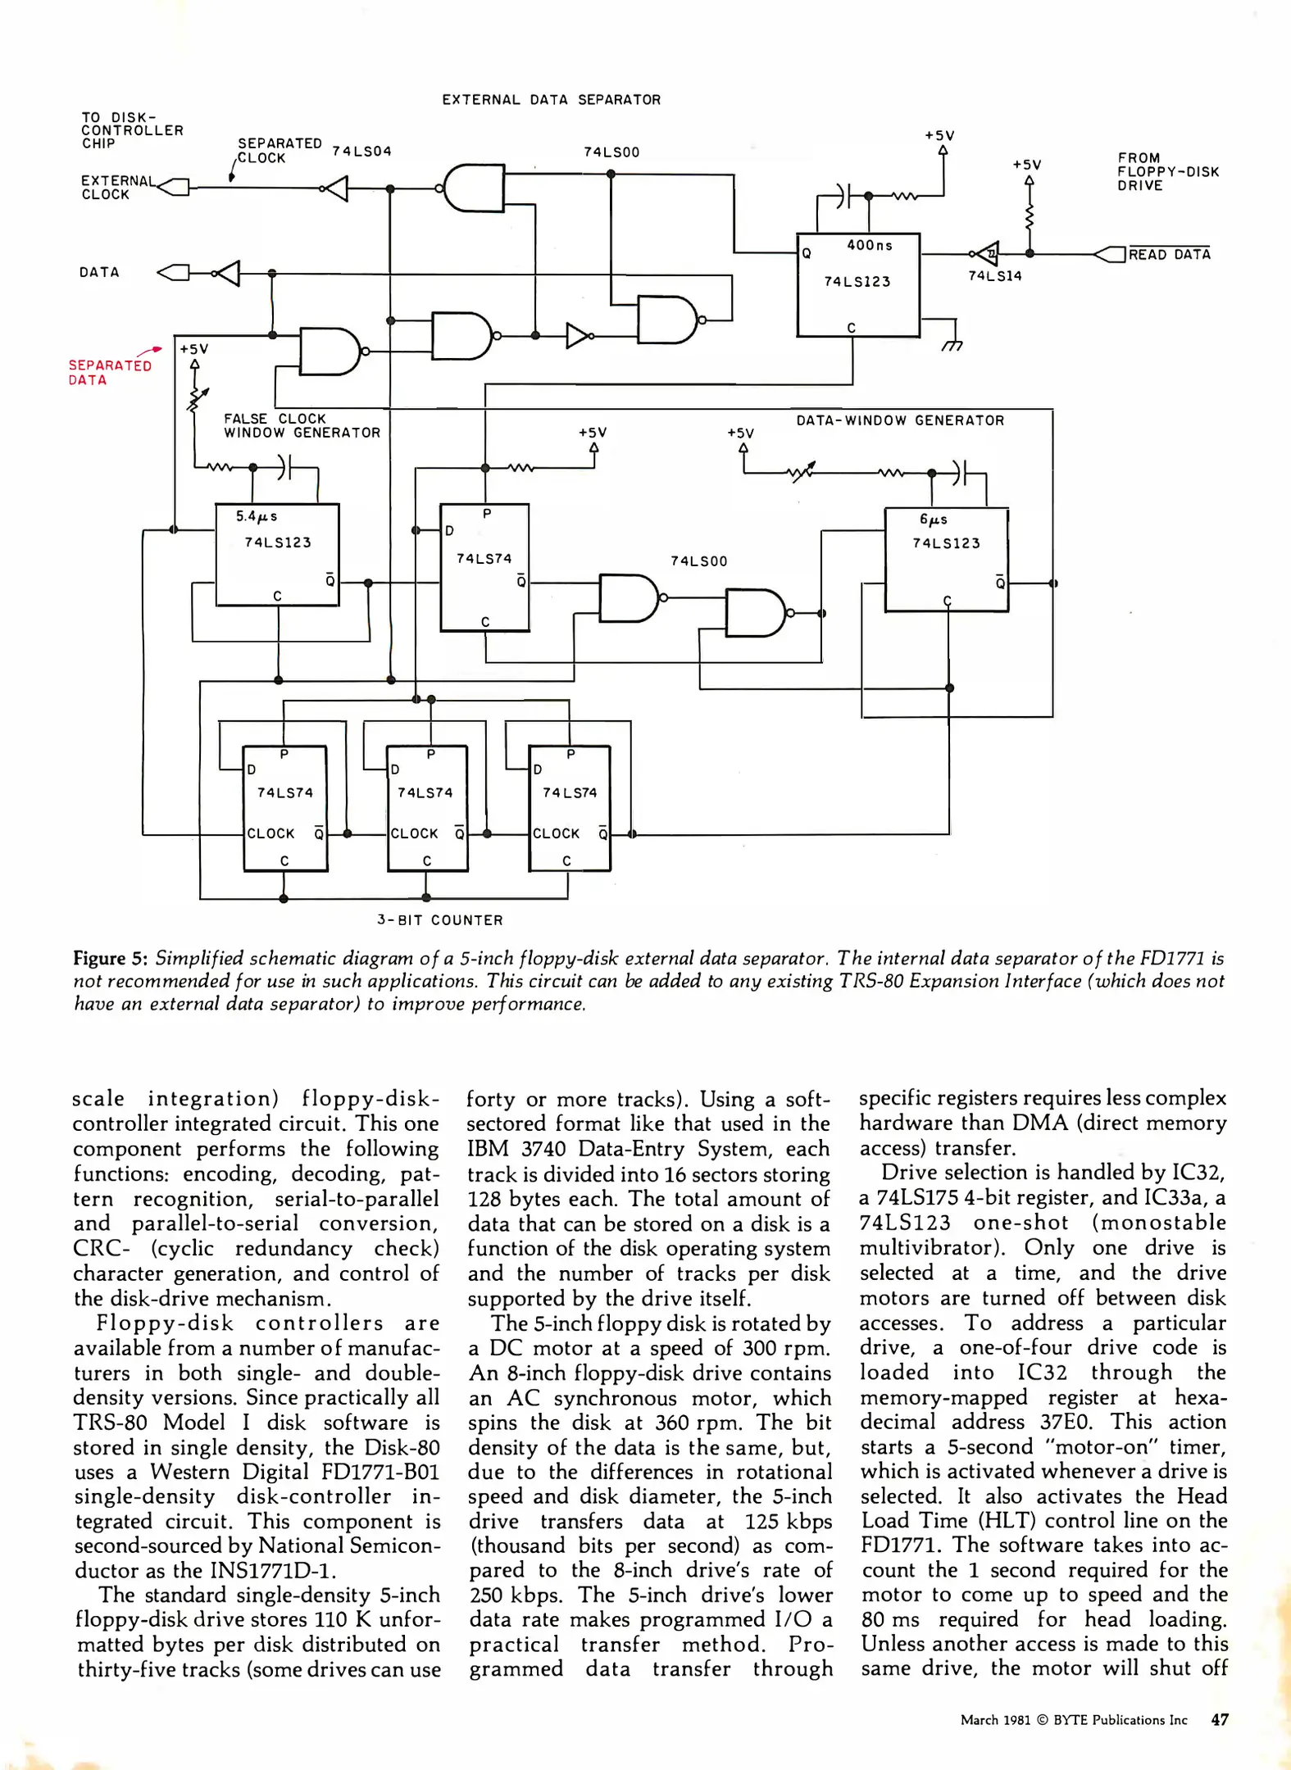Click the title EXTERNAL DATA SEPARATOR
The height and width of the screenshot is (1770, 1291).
[551, 100]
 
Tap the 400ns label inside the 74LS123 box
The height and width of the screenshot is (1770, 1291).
[870, 245]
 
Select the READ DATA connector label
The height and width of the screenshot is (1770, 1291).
[1169, 255]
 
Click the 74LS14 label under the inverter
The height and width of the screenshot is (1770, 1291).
[994, 276]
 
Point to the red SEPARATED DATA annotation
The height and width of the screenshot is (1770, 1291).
[110, 373]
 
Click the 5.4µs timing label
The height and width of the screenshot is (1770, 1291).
[257, 516]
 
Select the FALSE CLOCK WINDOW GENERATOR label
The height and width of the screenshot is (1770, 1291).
[302, 425]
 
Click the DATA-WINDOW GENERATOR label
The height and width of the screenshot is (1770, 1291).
[900, 420]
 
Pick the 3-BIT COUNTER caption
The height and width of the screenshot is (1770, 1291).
[440, 920]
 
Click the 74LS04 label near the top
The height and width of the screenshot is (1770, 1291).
[361, 152]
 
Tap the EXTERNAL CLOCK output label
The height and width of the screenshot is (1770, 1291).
[115, 188]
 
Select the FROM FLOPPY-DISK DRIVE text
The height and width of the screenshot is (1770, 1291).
[1167, 171]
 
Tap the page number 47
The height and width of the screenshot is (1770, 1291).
[1220, 1720]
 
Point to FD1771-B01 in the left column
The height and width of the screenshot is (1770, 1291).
[380, 1472]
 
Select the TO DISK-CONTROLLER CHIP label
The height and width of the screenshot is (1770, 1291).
[131, 130]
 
